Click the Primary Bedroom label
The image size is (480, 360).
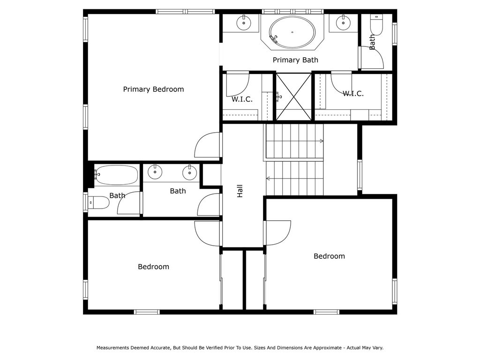coord(153,90)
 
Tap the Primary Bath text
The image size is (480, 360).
coord(295,60)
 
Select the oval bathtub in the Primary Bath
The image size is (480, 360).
coord(292,32)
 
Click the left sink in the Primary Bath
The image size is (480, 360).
coord(244,22)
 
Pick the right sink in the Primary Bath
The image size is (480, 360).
coord(343,22)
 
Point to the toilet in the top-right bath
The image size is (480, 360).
coord(376,24)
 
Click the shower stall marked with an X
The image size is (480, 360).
coord(294,97)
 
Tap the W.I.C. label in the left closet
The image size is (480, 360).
coord(242,99)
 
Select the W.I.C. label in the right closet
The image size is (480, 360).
coord(353,94)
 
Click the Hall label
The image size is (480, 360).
coord(240,191)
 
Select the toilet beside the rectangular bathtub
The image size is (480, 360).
coord(98,202)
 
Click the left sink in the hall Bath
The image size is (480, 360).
coord(155,172)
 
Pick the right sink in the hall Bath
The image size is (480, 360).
coord(190,172)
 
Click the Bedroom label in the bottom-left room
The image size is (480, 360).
coord(153,267)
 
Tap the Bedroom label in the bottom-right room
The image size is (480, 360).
coord(330,256)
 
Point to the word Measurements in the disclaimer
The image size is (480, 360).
coord(113,348)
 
